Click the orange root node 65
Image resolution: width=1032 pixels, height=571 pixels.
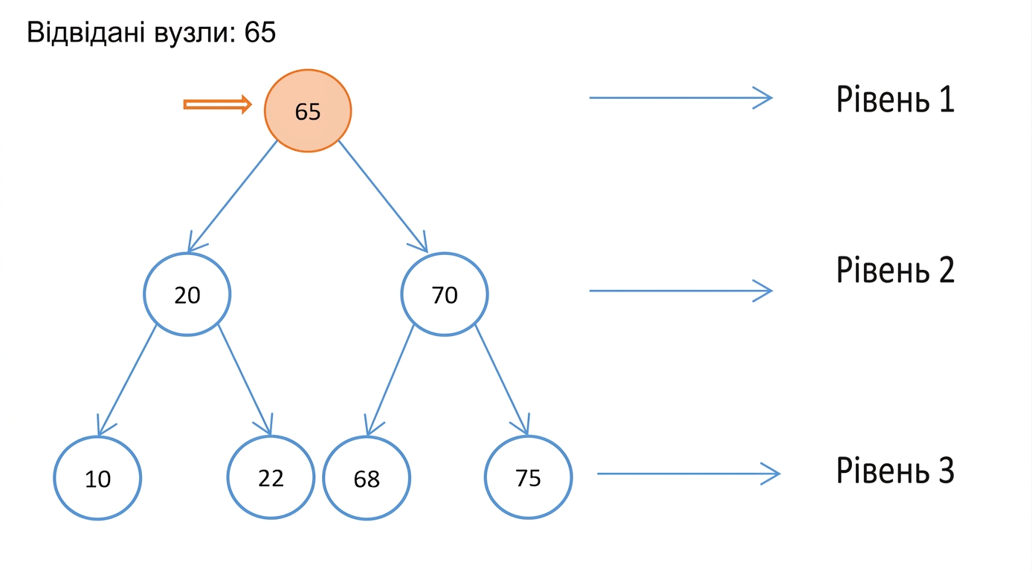click(308, 111)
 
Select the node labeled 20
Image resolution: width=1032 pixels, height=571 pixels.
click(187, 294)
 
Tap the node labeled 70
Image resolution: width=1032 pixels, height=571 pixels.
click(445, 294)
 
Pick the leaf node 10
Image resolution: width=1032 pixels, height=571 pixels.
click(97, 478)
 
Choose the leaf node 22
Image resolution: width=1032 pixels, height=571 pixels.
click(271, 477)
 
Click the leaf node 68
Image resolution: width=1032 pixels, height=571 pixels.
click(367, 478)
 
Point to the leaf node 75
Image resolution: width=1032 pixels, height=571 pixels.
click(529, 477)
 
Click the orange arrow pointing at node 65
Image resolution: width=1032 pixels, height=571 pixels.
click(217, 105)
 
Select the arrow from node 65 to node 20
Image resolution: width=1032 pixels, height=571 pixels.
click(232, 196)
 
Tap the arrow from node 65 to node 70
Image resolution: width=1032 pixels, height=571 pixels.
click(384, 196)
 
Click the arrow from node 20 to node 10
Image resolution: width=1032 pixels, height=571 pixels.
click(126, 380)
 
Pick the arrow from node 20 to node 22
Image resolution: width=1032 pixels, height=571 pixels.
click(245, 380)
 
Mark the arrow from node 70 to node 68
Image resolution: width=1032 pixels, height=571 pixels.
click(390, 380)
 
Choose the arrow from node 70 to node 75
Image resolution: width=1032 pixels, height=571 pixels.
click(503, 380)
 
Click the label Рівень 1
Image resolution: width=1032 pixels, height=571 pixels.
click(895, 99)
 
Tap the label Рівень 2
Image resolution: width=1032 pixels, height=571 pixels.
click(895, 270)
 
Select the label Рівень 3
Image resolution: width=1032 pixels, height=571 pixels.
click(895, 470)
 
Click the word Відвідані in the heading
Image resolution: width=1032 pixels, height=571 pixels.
click(86, 32)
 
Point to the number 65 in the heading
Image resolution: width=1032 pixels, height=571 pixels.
click(260, 32)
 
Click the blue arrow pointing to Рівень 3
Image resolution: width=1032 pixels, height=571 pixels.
click(688, 474)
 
